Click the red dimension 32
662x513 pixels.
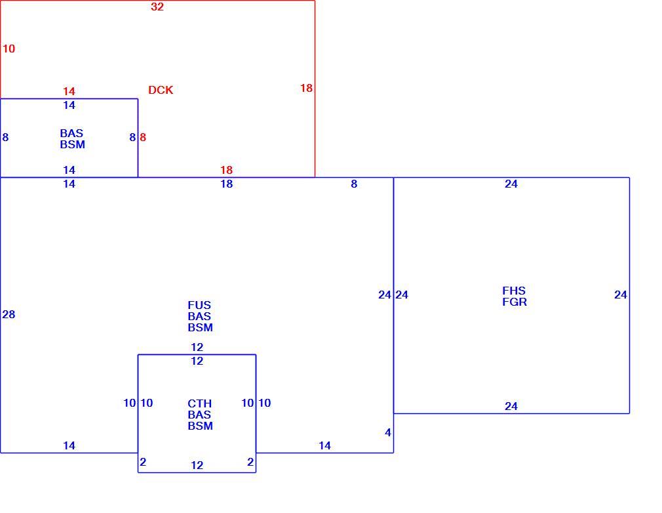pos(157,7)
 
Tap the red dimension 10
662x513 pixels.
pos(9,49)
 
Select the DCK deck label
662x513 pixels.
pos(161,90)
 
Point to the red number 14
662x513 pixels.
pos(69,91)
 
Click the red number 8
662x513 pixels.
pos(143,137)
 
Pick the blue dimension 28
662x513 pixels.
pos(9,314)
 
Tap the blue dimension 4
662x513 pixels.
pos(388,433)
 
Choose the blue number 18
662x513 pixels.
pos(227,184)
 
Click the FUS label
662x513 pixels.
pos(199,305)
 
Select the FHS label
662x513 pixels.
pos(514,291)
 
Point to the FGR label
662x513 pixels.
pos(515,302)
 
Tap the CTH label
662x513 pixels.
pos(200,403)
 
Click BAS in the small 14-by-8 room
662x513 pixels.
pos(72,133)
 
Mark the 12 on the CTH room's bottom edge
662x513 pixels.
pos(197,465)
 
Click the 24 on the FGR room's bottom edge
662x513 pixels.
pos(511,406)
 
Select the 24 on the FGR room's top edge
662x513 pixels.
pos(511,184)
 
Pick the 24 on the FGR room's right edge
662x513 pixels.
pos(621,295)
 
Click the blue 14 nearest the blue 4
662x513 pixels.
pos(324,445)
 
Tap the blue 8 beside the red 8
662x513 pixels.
pos(132,137)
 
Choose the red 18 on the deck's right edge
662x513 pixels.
pos(307,88)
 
